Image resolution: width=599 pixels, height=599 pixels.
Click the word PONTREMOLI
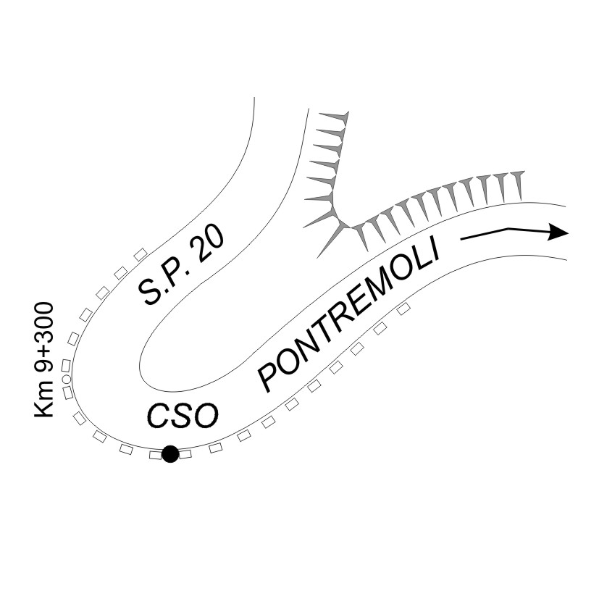point(350,316)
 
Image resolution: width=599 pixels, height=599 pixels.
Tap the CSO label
point(183,416)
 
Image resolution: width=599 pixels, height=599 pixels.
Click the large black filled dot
point(170,454)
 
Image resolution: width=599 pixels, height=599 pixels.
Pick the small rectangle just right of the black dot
point(185,454)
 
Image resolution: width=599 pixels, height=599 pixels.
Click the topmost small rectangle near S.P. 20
point(141,254)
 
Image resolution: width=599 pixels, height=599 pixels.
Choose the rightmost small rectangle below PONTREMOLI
point(404,308)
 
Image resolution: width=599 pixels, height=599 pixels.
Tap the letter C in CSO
point(159,416)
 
